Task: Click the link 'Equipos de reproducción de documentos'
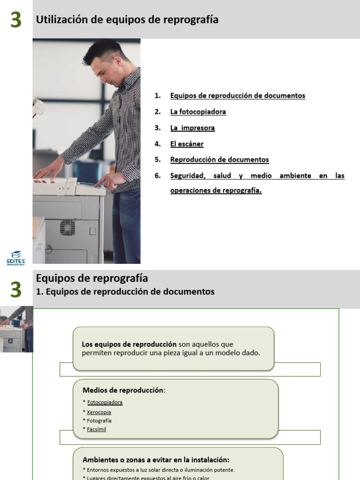[238, 96]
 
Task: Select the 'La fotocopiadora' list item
[198, 112]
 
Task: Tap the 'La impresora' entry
[192, 127]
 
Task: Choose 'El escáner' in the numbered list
[187, 144]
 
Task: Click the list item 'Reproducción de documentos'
[219, 159]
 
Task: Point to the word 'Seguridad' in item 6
[187, 176]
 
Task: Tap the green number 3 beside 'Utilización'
[16, 20]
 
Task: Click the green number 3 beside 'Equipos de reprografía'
[16, 290]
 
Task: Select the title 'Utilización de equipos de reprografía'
[127, 20]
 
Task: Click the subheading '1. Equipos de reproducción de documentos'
[125, 292]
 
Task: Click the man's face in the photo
[104, 70]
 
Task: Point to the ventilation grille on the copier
[67, 227]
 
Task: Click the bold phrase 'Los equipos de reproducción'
[129, 344]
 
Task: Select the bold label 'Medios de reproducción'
[123, 390]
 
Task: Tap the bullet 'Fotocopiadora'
[105, 402]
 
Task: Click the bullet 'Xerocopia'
[99, 412]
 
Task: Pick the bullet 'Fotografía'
[99, 420]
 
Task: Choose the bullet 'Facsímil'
[97, 429]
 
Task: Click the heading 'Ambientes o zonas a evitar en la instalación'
[156, 460]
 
